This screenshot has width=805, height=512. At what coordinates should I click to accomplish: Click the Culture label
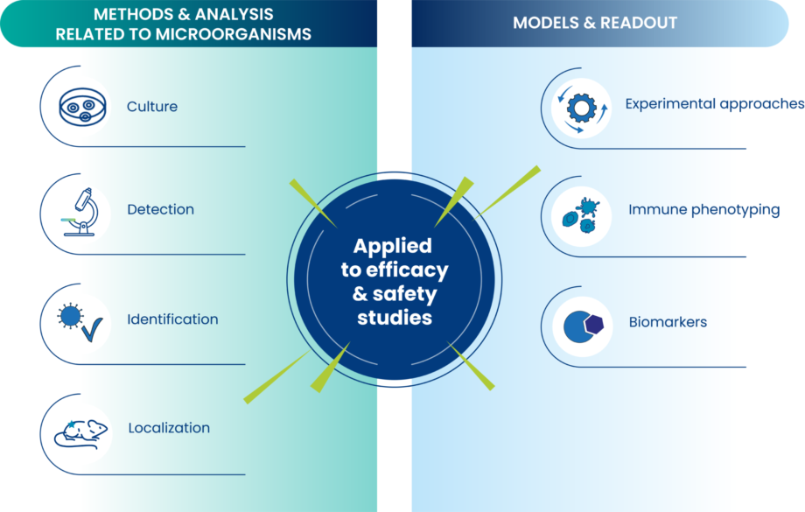click(x=152, y=107)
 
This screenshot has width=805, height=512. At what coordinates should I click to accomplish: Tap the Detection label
click(x=160, y=210)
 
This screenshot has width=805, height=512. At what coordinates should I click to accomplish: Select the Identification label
click(x=172, y=319)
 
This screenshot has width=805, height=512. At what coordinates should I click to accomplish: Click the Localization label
click(x=169, y=428)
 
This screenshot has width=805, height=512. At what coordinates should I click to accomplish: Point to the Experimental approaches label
click(x=714, y=104)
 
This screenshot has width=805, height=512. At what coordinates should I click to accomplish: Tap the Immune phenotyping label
click(x=703, y=210)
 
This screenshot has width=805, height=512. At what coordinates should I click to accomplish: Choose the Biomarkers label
click(x=668, y=322)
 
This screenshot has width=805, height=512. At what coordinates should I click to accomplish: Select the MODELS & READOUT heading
click(x=595, y=23)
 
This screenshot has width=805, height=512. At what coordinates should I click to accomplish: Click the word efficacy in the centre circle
click(x=412, y=270)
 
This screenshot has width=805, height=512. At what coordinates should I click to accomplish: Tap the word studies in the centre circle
click(x=395, y=318)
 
